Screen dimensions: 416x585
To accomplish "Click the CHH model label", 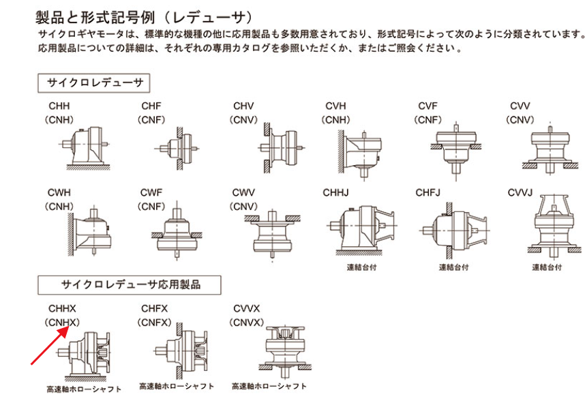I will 59,107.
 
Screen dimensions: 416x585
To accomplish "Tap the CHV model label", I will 243,107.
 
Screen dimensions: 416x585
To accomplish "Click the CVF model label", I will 428,107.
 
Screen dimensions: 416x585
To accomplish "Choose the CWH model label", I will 59,193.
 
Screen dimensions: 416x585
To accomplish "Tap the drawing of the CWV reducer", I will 273,233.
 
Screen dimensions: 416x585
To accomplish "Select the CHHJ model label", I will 336,193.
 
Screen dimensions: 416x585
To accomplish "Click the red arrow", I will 50,345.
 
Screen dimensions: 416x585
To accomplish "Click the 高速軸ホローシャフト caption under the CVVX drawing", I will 269,387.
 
